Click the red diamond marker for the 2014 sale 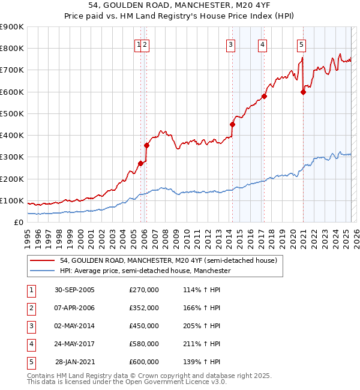tap(232, 124)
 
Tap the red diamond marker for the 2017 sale tap(264, 96)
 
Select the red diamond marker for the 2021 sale tap(303, 92)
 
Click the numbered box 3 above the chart tap(230, 44)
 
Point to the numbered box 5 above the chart tap(301, 44)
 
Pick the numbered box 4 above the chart tap(263, 44)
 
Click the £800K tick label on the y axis tap(12, 49)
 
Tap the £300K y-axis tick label tap(12, 157)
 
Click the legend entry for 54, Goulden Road tap(168, 260)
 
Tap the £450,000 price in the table tap(144, 326)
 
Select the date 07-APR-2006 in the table tap(74, 308)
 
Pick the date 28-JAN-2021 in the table tap(75, 362)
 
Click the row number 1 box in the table tap(31, 290)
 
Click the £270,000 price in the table tap(144, 290)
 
